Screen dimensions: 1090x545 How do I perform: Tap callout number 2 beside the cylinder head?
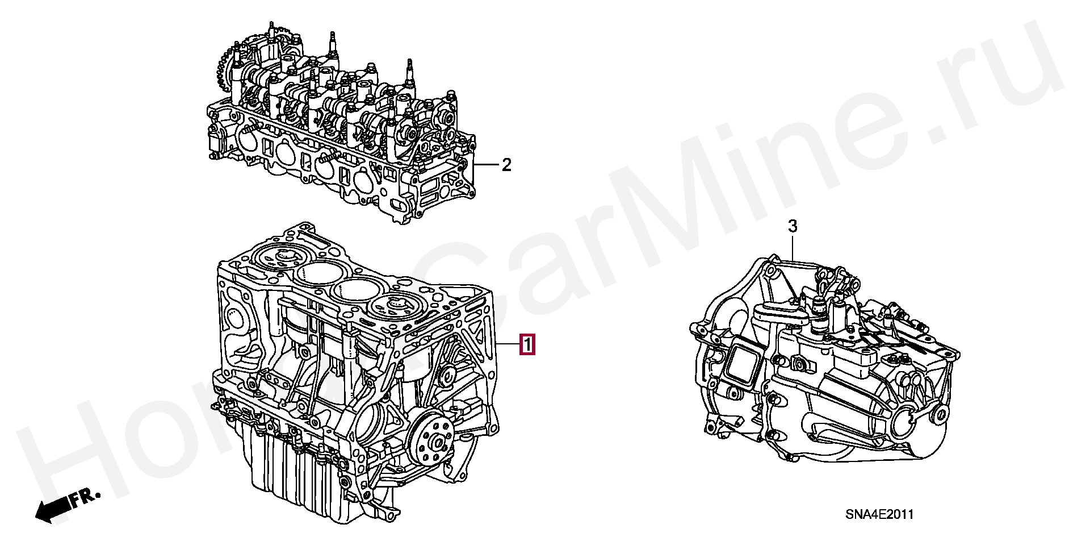pos(506,165)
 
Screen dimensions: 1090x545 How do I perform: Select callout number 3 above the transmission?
pos(793,226)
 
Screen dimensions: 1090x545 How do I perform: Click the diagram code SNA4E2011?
pos(879,514)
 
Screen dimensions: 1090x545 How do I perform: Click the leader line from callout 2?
pos(485,165)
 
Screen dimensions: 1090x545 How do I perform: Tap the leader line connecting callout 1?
pos(508,345)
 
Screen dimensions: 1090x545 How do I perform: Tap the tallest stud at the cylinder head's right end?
pos(408,71)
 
